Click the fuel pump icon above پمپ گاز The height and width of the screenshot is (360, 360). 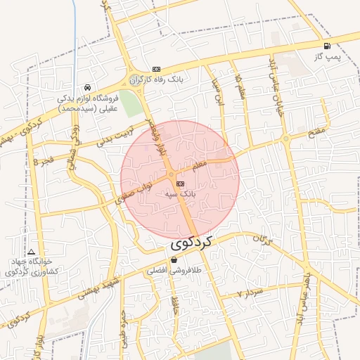coord(327,46)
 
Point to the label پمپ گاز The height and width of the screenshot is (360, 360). coord(327,56)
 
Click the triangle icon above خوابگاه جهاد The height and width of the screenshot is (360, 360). coord(31,252)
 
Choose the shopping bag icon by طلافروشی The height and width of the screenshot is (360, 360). coord(174,260)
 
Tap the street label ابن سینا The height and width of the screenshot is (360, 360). coord(218,92)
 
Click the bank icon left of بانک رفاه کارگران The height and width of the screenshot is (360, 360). coord(156,69)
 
